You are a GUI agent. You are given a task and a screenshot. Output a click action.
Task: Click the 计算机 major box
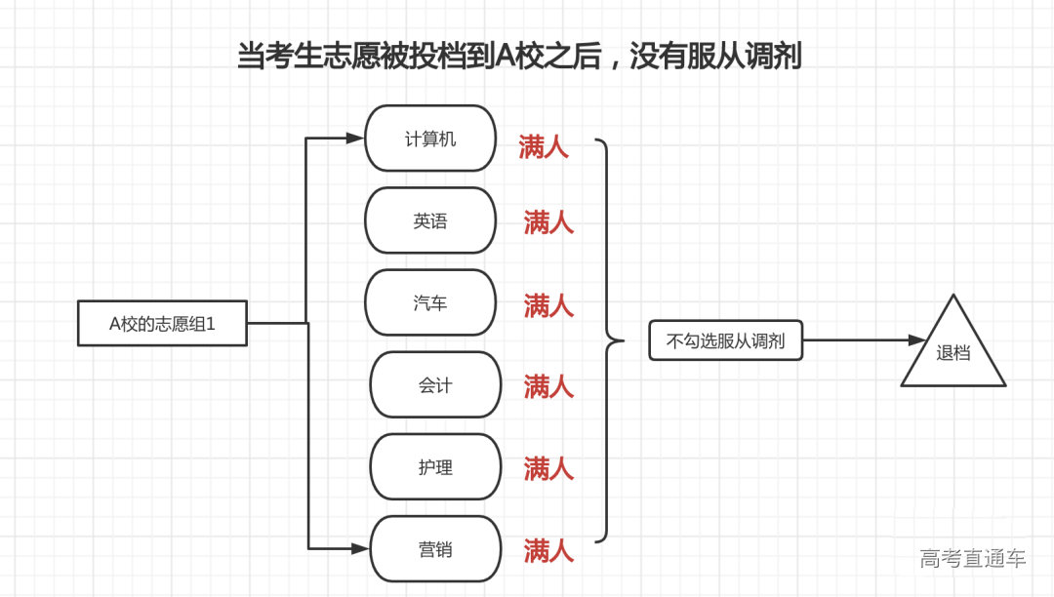point(430,139)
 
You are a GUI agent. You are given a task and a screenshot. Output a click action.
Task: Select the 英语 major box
point(430,221)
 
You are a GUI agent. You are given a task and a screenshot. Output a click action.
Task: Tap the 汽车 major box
point(430,303)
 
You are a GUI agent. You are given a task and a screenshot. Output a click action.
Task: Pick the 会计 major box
point(435,385)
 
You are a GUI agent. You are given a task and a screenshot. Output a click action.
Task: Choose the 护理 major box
point(435,467)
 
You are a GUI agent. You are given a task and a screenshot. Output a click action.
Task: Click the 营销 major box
point(435,549)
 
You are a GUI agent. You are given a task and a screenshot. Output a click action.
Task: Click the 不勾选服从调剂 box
point(725,341)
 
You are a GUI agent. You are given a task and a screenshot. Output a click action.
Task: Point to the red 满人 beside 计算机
point(544,148)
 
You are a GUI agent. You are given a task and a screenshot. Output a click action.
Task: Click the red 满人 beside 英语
point(548,223)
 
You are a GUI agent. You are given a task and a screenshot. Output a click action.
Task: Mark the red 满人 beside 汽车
point(548,305)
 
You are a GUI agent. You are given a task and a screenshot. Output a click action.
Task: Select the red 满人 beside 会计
point(548,387)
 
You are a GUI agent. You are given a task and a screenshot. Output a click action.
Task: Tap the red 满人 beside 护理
point(548,469)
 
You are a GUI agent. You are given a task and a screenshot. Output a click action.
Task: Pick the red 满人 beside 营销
point(548,551)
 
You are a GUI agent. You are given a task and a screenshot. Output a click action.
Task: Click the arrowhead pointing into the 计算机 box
point(355,139)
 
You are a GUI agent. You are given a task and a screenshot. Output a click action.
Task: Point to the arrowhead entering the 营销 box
point(361,549)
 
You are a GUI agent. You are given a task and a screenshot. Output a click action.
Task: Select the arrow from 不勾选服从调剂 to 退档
point(863,340)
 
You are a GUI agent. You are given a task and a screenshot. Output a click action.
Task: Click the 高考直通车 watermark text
point(972,559)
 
